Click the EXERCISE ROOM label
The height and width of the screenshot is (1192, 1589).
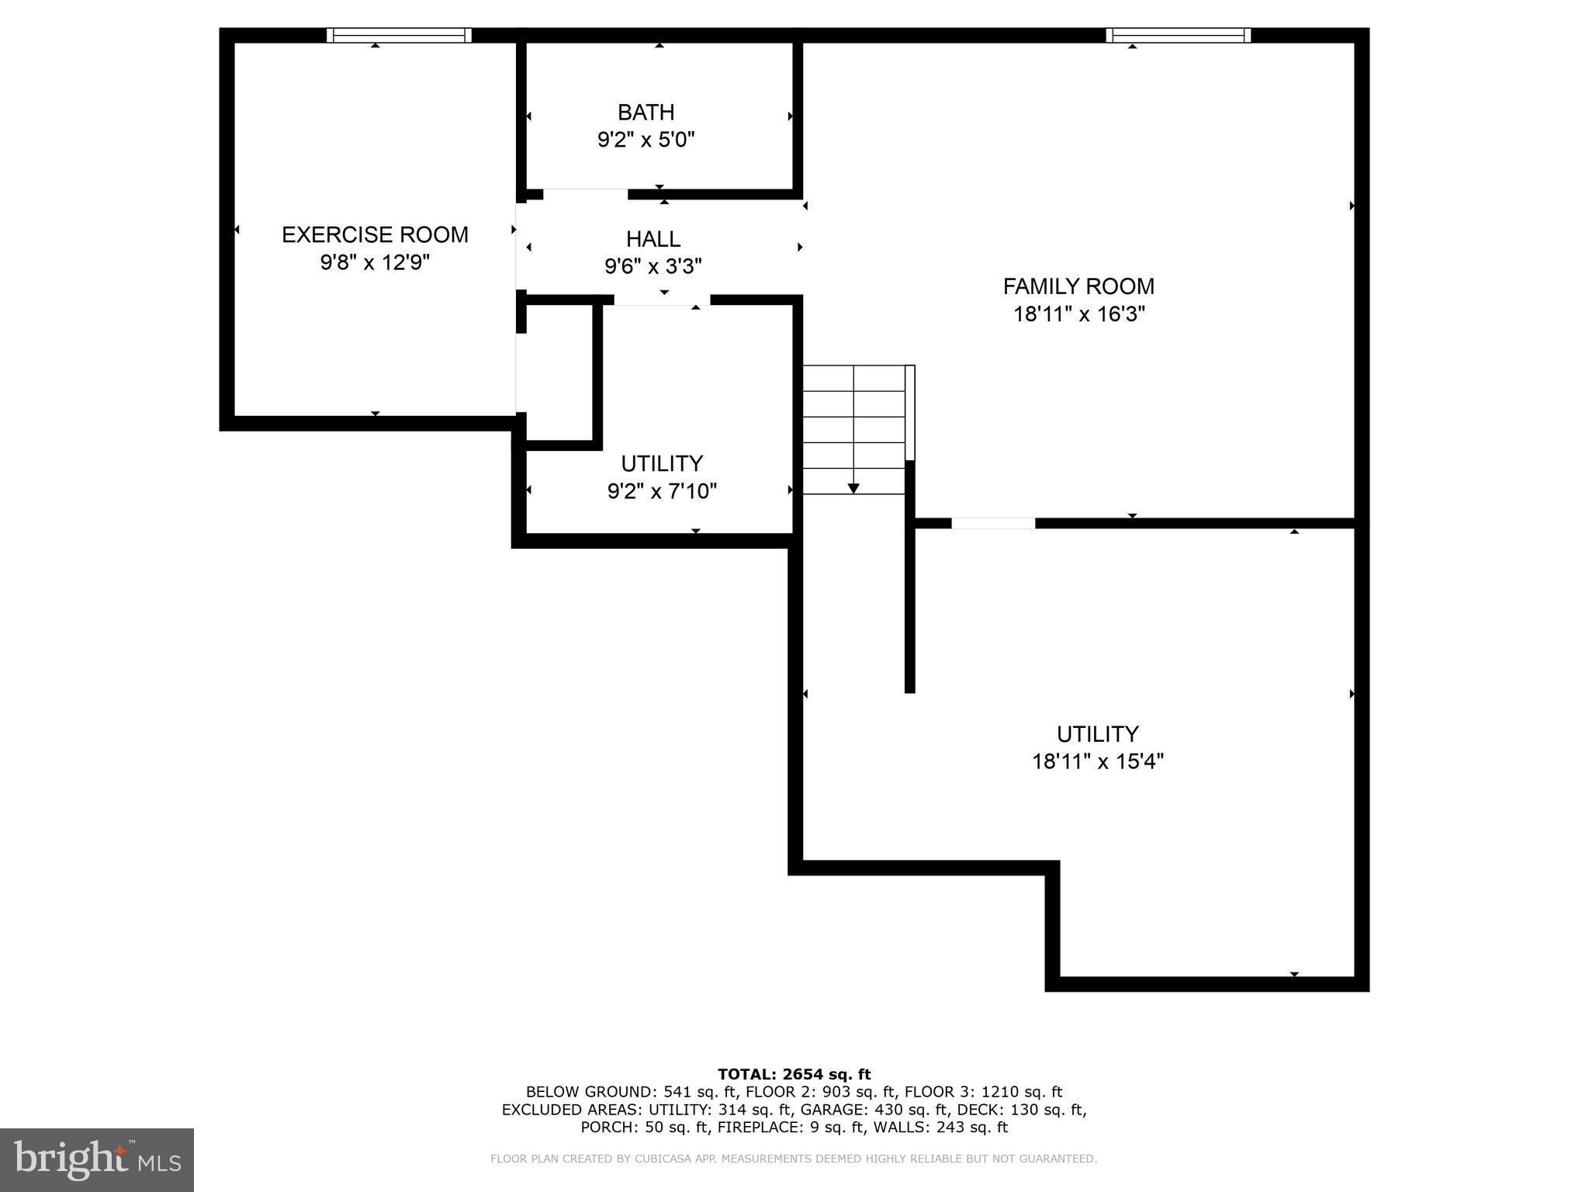[x=375, y=234]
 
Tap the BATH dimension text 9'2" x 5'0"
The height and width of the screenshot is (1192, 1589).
[x=646, y=140]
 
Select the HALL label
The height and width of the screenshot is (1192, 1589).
[x=653, y=239]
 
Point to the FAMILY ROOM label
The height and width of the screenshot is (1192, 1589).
[x=1078, y=286]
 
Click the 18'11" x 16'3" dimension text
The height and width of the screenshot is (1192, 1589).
[x=1078, y=314]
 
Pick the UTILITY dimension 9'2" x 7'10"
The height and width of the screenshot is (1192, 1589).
[x=662, y=491]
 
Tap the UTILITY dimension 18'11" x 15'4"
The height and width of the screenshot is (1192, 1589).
[x=1097, y=761]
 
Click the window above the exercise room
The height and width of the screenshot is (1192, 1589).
[x=399, y=35]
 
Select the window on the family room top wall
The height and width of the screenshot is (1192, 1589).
[x=1178, y=35]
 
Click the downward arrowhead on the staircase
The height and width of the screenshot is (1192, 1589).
[x=853, y=488]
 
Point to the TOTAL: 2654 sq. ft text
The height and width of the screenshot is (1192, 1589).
[x=794, y=1074]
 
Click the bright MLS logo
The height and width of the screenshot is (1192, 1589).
[x=96, y=1159]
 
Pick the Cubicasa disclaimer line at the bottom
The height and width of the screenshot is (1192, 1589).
[x=794, y=1159]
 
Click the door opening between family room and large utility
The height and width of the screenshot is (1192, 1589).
[x=993, y=523]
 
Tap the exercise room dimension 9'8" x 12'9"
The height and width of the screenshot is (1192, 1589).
[x=375, y=262]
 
